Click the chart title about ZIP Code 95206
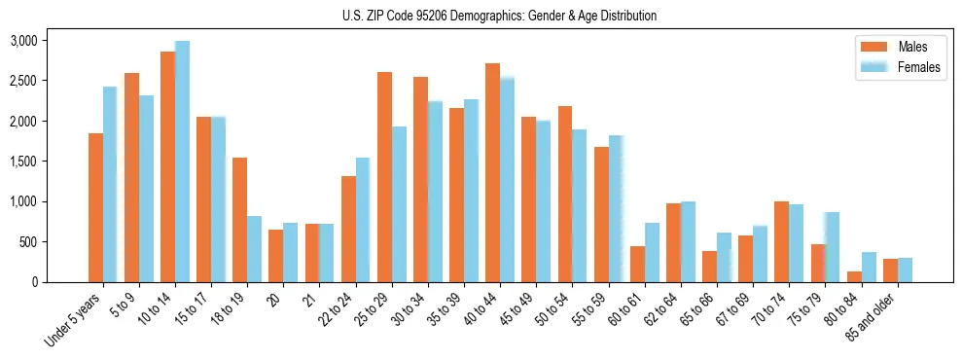pos(499,16)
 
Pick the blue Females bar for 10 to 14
pos(182,162)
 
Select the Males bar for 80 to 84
pos(853,276)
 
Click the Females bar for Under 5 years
pos(110,184)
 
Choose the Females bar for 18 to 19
pos(254,249)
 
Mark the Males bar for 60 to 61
pos(637,264)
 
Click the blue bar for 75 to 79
pos(832,247)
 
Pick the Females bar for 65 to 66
pos(724,257)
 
